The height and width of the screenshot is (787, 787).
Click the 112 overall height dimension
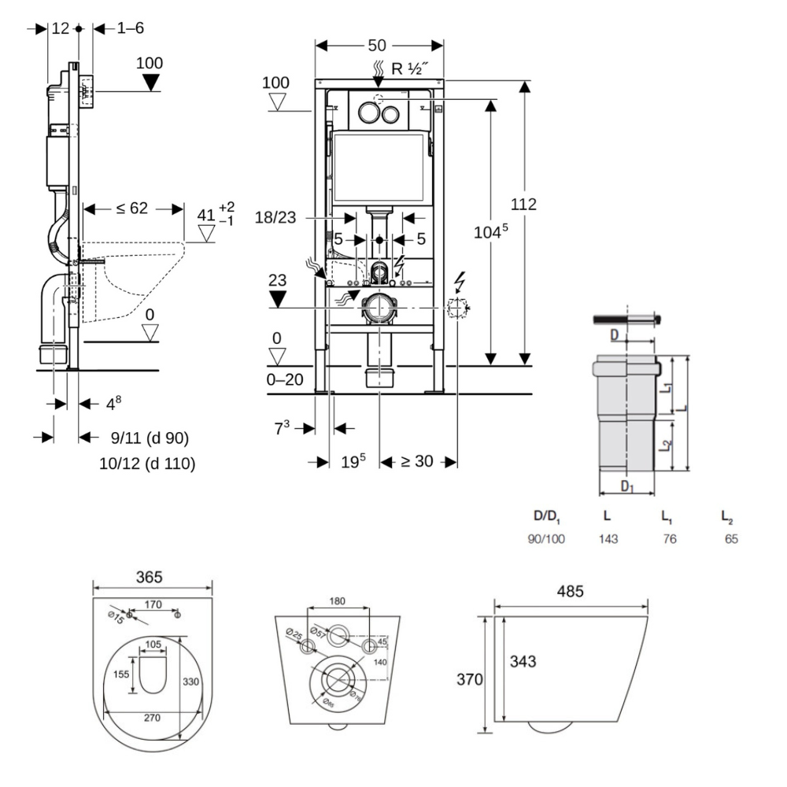pyautogui.click(x=523, y=205)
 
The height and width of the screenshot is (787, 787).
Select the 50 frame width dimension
pyautogui.click(x=379, y=46)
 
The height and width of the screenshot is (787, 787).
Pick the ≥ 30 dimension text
pyautogui.click(x=417, y=462)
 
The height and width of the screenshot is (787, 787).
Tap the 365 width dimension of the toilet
pyautogui.click(x=148, y=577)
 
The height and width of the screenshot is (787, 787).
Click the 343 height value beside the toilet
pyautogui.click(x=521, y=662)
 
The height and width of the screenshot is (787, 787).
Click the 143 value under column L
pyautogui.click(x=608, y=539)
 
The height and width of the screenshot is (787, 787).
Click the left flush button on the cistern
pyautogui.click(x=368, y=112)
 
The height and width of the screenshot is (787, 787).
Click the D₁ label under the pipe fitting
pyautogui.click(x=626, y=486)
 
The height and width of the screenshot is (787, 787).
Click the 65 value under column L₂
pyautogui.click(x=731, y=539)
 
